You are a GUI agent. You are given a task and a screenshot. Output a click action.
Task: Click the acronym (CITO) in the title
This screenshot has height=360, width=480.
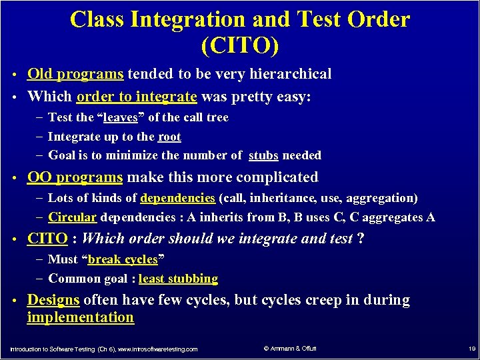point(239,46)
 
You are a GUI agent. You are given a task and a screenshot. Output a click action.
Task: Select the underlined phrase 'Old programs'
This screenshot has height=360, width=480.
point(75,74)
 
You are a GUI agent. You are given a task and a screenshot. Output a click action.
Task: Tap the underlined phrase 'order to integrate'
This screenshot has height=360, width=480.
point(137,97)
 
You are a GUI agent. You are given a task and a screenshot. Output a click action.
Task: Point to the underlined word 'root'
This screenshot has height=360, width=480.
point(169,137)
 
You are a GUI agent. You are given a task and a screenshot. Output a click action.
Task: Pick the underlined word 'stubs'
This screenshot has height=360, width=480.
point(263,155)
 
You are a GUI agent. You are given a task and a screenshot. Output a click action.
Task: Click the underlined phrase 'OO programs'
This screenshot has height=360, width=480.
point(75,177)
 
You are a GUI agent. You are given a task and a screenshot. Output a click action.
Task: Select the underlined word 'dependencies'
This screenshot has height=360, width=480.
point(177,198)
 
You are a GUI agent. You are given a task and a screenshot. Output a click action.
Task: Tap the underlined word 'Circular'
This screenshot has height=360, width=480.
point(73,217)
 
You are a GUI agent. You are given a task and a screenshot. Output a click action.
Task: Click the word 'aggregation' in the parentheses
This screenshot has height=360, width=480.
point(380,198)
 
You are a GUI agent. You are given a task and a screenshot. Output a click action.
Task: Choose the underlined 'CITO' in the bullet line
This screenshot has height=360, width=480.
point(47,239)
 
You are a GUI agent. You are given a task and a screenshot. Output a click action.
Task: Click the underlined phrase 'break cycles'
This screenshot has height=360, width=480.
point(127,259)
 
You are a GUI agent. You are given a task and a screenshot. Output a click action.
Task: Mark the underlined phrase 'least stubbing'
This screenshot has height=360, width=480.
point(178,279)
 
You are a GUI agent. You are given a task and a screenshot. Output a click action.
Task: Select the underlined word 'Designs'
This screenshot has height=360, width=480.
point(53,300)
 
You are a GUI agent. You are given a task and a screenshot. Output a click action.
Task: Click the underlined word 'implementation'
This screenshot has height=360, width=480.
point(80,317)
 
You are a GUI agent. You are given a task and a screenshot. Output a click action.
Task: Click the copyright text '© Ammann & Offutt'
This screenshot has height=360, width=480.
point(290,348)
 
